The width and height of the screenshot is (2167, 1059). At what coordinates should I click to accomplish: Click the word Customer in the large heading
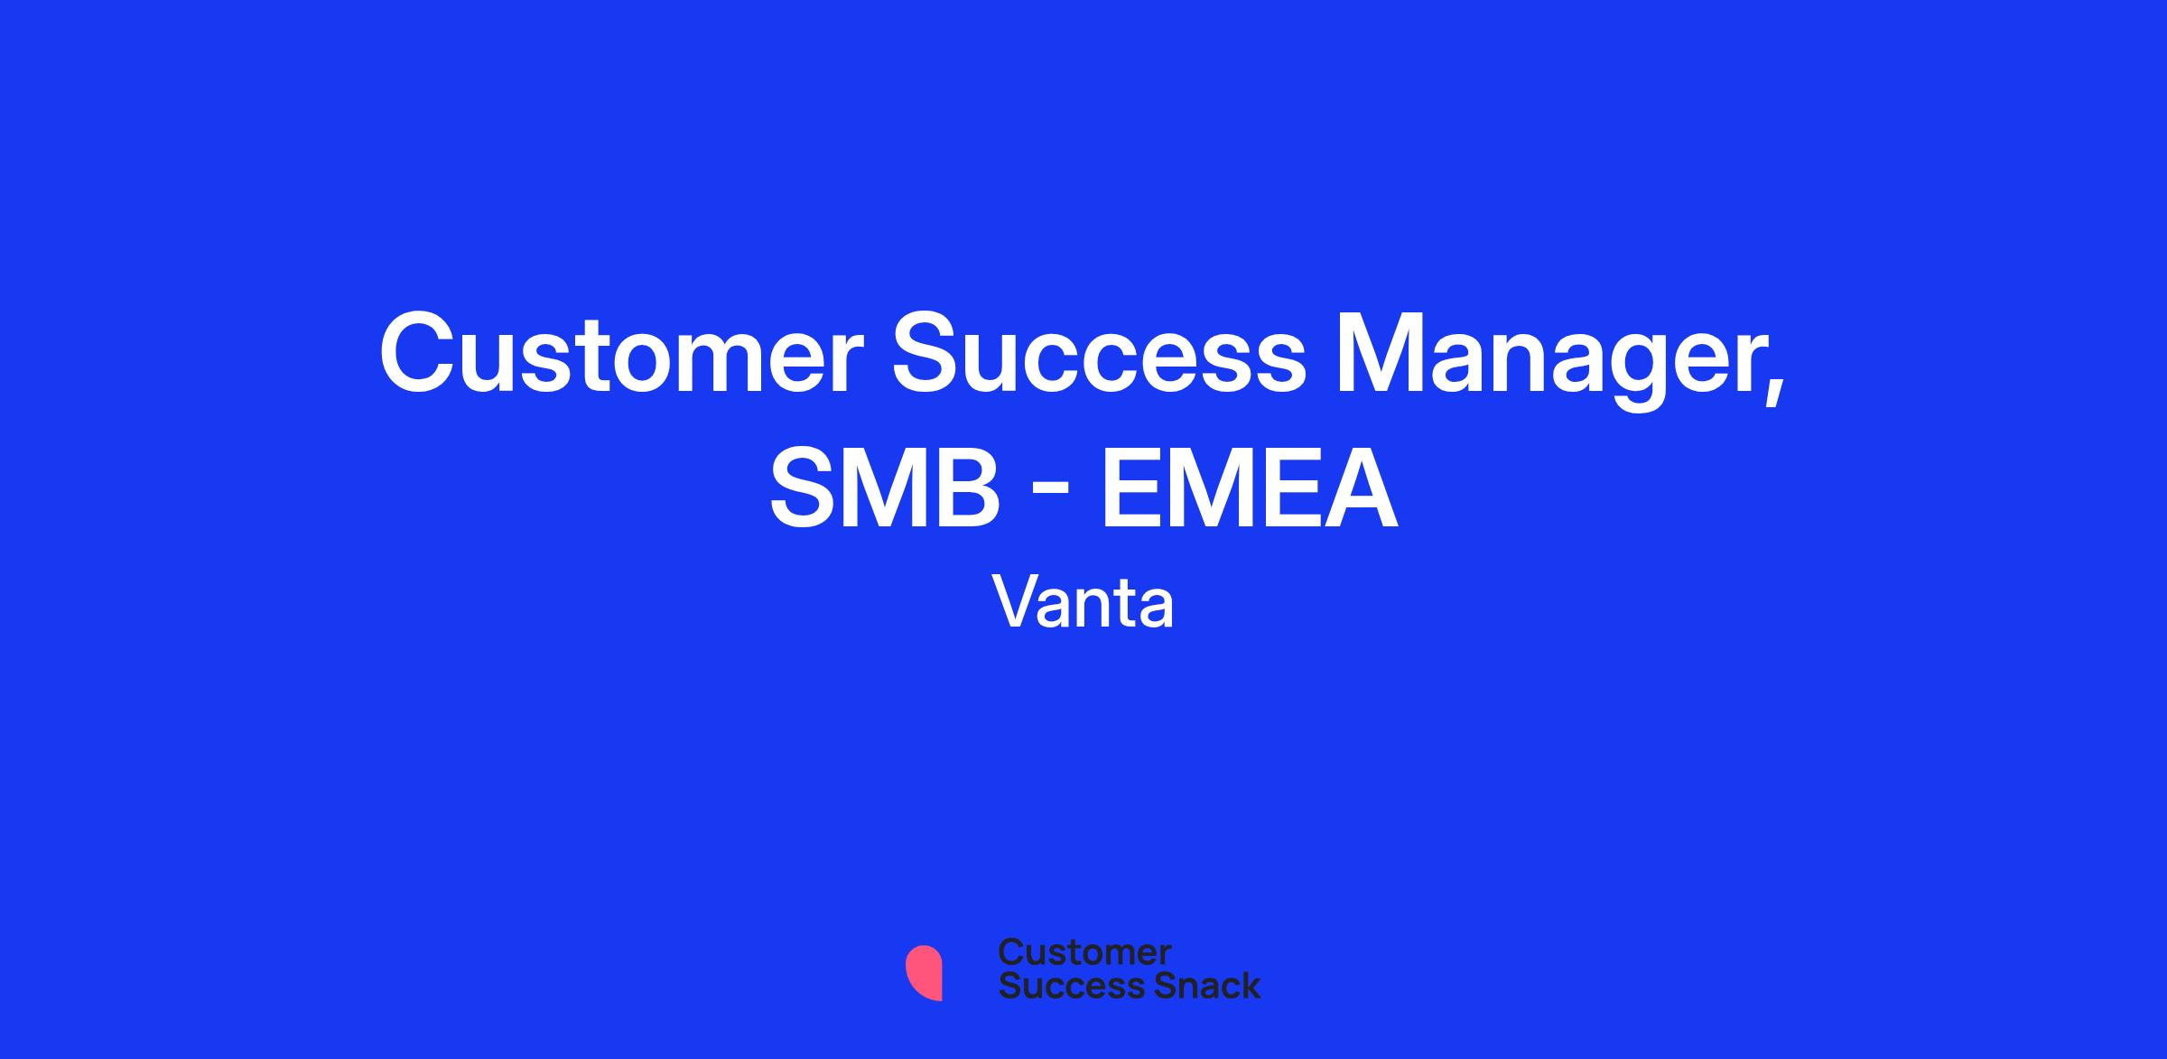[621, 353]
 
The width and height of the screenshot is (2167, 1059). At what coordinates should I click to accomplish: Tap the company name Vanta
[1083, 601]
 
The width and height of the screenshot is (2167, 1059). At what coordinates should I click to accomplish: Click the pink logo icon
[924, 972]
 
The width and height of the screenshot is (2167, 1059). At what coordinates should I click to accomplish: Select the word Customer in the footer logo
[1084, 952]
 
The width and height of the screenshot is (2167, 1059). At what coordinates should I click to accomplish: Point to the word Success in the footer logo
[1061, 985]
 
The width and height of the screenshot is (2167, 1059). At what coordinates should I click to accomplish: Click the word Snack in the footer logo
[1195, 985]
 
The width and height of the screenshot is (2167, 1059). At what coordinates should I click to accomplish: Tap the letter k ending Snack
[1249, 985]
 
